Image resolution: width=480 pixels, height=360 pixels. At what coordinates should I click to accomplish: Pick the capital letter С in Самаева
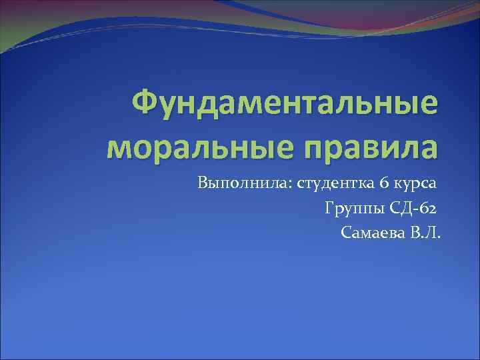point(345,233)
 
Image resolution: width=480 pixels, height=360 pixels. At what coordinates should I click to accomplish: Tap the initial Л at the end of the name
point(432,233)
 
